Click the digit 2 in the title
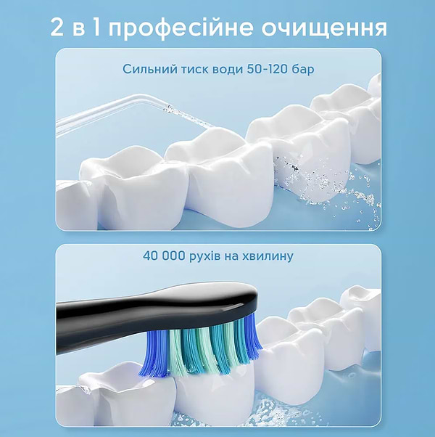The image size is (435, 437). click(x=57, y=28)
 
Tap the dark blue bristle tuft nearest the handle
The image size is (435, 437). click(x=154, y=354)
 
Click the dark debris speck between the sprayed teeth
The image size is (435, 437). click(x=294, y=168)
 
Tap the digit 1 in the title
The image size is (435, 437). click(x=96, y=28)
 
